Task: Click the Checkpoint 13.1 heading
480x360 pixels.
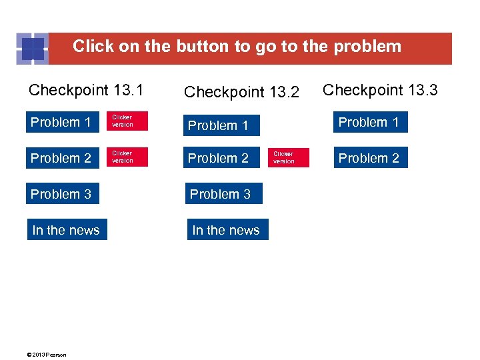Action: pyautogui.click(x=87, y=89)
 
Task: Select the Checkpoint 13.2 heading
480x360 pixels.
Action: pyautogui.click(x=241, y=92)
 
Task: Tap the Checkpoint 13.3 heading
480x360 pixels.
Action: pyautogui.click(x=380, y=89)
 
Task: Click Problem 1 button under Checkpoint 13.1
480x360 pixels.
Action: pyautogui.click(x=61, y=122)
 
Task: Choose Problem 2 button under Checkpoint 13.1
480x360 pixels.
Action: pyautogui.click(x=61, y=158)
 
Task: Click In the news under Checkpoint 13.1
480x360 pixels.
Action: pyautogui.click(x=66, y=230)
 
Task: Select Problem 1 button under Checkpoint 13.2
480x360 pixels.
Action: pyautogui.click(x=218, y=125)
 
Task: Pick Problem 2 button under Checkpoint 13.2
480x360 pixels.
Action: pyautogui.click(x=218, y=158)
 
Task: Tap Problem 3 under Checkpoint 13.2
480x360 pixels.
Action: pyautogui.click(x=220, y=194)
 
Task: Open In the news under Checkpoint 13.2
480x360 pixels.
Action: pyautogui.click(x=226, y=230)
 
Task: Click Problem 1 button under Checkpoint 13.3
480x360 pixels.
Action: pyautogui.click(x=369, y=122)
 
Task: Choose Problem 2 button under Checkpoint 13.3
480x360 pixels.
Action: pyautogui.click(x=369, y=158)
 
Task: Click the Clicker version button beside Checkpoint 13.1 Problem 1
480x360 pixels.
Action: pyautogui.click(x=127, y=121)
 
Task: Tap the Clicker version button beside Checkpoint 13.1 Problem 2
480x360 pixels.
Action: pyautogui.click(x=127, y=157)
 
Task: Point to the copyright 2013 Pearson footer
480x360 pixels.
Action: pyautogui.click(x=47, y=355)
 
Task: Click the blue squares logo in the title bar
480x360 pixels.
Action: pyautogui.click(x=32, y=48)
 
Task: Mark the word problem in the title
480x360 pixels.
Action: pyautogui.click(x=367, y=47)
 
